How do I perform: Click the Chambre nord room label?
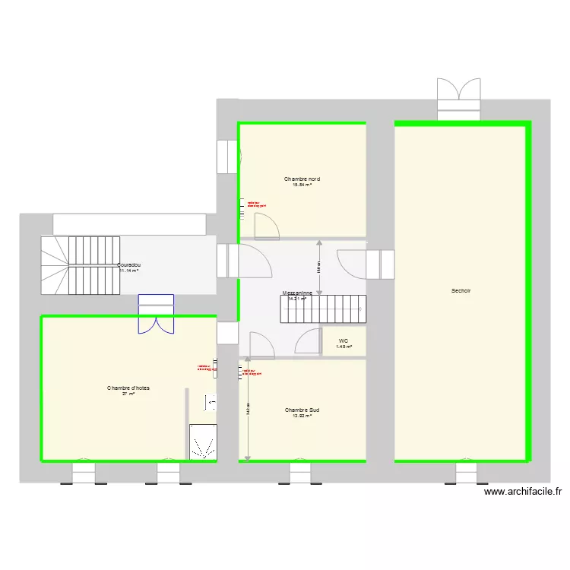[302, 179]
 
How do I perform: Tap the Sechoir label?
[461, 290]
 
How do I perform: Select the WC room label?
[344, 340]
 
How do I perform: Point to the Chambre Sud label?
[302, 410]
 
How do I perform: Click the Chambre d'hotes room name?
[128, 388]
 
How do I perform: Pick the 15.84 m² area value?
[302, 185]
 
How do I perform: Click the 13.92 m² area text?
[302, 416]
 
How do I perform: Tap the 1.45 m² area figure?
[344, 347]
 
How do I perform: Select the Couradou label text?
[129, 265]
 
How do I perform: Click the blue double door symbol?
[156, 314]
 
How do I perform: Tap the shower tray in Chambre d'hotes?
[203, 442]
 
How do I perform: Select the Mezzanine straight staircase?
[324, 309]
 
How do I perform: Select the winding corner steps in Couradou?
[54, 265]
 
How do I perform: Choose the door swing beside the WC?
[309, 343]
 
